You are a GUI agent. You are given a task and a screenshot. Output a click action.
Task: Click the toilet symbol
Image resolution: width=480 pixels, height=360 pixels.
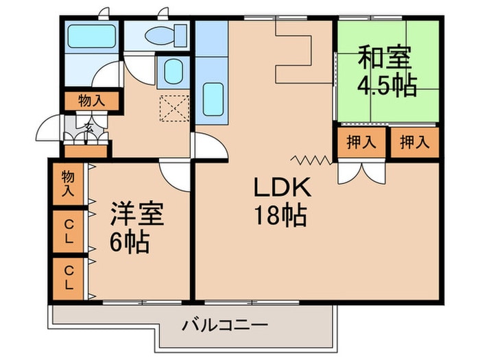(166, 35)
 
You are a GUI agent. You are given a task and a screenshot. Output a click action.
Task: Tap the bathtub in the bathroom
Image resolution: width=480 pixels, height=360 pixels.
(91, 36)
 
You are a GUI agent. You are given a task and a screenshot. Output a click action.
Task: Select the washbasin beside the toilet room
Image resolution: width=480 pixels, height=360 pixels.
(173, 71)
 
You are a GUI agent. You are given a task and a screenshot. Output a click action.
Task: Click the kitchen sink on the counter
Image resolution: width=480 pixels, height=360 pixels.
(213, 99)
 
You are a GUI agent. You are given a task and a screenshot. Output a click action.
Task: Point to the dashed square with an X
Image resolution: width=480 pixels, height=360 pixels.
(174, 108)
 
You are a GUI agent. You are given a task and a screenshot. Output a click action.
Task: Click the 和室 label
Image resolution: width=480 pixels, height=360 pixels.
(385, 57)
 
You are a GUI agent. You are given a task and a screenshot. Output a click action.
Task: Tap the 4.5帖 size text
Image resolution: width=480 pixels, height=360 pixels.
(387, 85)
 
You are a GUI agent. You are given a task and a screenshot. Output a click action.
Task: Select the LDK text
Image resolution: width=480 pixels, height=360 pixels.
(282, 188)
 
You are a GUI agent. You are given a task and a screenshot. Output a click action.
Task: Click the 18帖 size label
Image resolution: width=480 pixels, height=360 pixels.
(280, 215)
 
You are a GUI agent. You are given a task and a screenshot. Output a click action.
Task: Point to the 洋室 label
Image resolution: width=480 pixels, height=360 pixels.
(137, 214)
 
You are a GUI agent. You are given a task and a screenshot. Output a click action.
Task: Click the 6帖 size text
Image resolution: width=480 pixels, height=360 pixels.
(129, 241)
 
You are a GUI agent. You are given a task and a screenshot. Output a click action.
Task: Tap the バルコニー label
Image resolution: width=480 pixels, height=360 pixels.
(225, 325)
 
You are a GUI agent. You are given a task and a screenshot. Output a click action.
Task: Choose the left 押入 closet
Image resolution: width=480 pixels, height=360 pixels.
(361, 143)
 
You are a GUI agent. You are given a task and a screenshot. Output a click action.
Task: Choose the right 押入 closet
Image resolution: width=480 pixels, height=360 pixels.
(415, 143)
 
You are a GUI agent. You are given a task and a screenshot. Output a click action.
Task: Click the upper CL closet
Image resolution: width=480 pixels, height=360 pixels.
(69, 232)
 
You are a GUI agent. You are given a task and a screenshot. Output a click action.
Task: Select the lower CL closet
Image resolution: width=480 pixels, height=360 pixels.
(69, 278)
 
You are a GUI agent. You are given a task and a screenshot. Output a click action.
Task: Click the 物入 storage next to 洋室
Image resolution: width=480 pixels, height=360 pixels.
(69, 184)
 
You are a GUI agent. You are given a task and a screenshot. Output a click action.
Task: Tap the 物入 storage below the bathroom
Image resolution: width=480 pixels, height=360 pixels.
(91, 101)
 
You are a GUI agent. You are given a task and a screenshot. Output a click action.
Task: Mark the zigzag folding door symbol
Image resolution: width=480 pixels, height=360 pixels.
(311, 160)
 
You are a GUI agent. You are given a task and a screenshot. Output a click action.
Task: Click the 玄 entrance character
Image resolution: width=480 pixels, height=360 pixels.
(88, 126)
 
